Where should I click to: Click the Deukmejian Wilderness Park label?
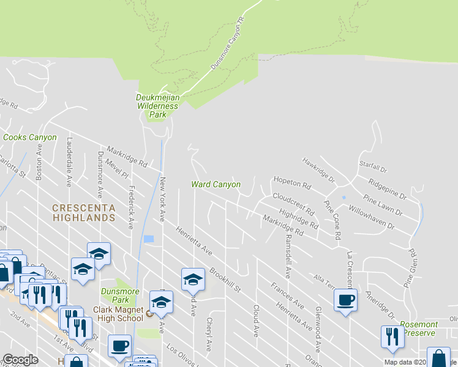point(157,106)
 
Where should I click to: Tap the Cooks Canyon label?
point(29,138)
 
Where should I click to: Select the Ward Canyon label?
point(216,183)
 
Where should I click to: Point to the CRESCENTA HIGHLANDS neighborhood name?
point(84,212)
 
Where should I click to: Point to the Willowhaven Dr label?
point(371,217)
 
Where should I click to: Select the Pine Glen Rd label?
point(410,268)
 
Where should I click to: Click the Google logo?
point(20,360)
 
